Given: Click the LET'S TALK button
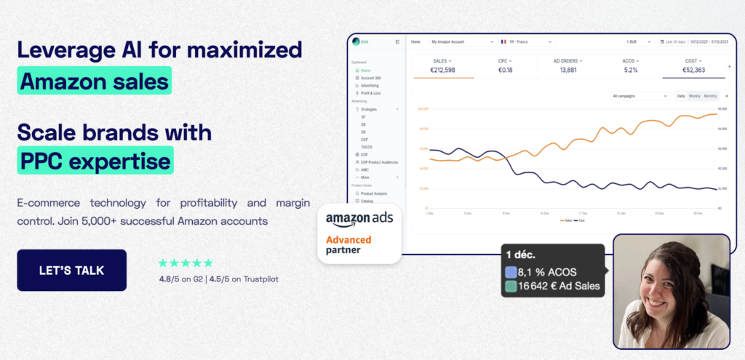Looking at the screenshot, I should pos(71,271).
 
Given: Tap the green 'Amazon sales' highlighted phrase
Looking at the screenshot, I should pos(94,80).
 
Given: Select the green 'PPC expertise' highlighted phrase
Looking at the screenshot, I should pos(95,160).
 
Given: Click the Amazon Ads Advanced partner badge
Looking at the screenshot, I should pos(359,233).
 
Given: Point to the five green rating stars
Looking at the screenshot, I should pos(186,263).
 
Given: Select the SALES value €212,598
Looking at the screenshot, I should pos(443,70).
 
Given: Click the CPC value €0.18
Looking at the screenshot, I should pos(505,70).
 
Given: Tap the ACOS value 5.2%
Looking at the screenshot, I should pos(630,70).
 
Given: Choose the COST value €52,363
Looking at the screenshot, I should pos(693,70).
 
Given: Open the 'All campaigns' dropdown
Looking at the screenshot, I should pos(640,96).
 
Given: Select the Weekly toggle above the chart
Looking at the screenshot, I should pos(695,96).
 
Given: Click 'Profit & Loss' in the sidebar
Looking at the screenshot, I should pos(371,93).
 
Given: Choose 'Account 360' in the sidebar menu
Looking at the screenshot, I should pos(371,78).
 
